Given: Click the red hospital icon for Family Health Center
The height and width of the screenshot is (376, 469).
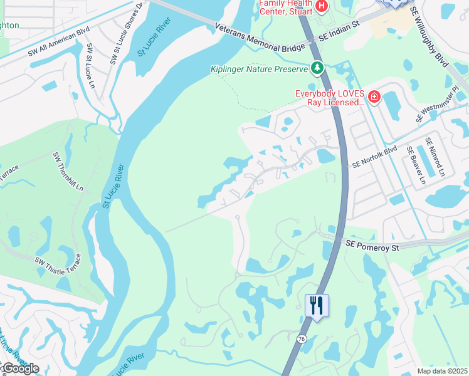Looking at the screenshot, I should point(322,6).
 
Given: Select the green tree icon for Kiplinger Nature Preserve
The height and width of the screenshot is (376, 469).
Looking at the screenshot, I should point(318,68).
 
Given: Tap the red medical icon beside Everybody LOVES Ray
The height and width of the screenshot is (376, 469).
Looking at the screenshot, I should point(374,97).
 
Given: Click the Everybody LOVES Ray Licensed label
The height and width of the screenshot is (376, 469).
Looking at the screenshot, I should point(329,98).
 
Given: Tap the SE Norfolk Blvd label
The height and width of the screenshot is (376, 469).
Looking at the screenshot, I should point(375,157).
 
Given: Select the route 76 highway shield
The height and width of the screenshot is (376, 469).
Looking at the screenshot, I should point(302,339).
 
